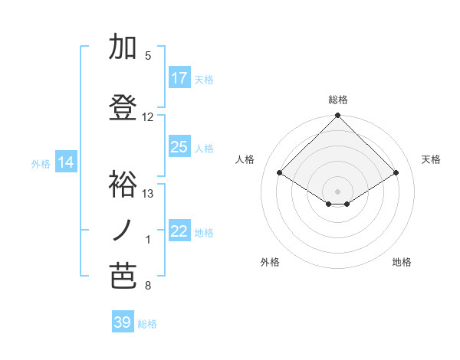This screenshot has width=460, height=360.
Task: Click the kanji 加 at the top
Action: (x=121, y=47)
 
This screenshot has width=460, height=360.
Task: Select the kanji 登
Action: (x=121, y=108)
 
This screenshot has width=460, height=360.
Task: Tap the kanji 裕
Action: (x=121, y=184)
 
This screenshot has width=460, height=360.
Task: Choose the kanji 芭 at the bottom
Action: (x=121, y=277)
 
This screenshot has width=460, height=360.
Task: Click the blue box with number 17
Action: (x=179, y=78)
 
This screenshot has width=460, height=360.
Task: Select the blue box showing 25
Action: (x=179, y=147)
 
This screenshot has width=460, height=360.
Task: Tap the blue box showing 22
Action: (x=179, y=232)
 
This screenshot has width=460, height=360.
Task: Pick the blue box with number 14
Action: (x=66, y=162)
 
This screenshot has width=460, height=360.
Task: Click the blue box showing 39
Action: (x=123, y=322)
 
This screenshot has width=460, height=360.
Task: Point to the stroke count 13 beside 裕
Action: (x=148, y=194)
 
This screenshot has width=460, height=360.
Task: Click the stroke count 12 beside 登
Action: (x=148, y=117)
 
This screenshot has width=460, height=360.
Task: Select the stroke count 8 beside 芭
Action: (x=148, y=286)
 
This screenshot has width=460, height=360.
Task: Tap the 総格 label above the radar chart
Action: (x=337, y=100)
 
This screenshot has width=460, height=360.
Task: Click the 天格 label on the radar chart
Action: (x=431, y=159)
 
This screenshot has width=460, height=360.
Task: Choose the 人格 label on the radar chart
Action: (x=245, y=159)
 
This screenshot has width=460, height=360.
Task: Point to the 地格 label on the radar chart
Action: (x=402, y=262)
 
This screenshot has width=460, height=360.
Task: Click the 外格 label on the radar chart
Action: (x=270, y=262)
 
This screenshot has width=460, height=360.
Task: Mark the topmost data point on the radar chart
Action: (x=337, y=116)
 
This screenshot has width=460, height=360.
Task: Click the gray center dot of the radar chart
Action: (x=337, y=189)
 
